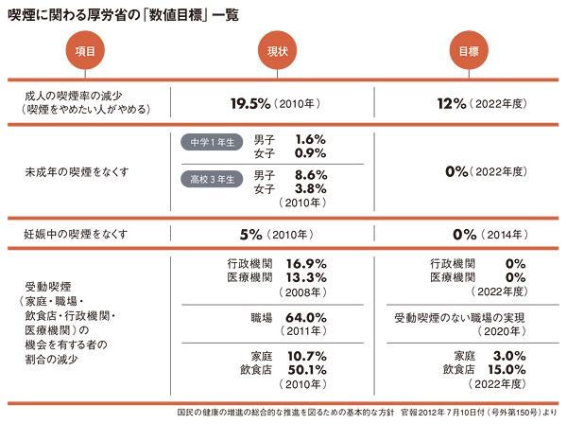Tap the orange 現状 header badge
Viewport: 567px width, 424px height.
pos(278,51)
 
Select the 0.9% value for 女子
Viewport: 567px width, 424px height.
pos(311,152)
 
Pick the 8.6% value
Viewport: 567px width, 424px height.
pos(311,175)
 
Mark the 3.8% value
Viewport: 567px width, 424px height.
pos(311,188)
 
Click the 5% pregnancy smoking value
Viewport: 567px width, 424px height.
pos(250,234)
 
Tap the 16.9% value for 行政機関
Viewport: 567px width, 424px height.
pos(306,264)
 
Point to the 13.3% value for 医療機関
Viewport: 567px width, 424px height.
pos(306,277)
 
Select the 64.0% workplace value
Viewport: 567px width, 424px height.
pos(306,318)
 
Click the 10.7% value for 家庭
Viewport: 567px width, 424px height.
pos(306,356)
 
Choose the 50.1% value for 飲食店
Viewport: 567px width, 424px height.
pos(306,369)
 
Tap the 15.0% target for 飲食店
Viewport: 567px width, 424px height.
pos(505,369)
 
